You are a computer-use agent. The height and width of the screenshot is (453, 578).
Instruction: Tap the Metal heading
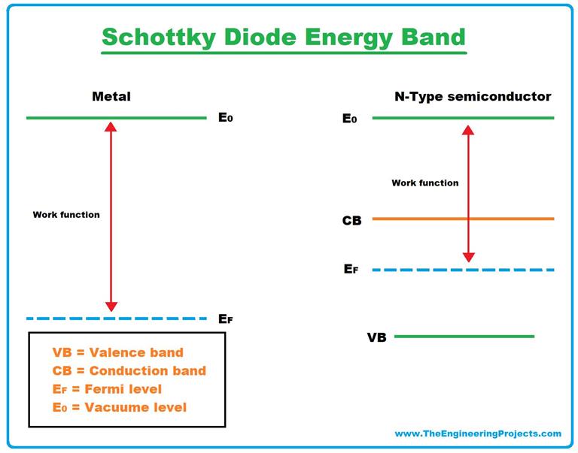(111, 96)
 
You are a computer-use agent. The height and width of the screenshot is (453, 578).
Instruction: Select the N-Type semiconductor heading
(473, 96)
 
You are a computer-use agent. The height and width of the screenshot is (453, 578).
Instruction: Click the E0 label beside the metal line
(225, 118)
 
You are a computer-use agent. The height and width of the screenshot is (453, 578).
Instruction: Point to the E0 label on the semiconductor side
(350, 119)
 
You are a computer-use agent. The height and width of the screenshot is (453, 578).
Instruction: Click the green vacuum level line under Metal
(116, 118)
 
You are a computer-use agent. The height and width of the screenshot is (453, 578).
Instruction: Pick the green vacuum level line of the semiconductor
(463, 118)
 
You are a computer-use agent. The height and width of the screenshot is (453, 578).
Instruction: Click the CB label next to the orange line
(351, 220)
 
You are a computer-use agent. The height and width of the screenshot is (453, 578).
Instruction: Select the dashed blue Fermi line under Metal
(116, 318)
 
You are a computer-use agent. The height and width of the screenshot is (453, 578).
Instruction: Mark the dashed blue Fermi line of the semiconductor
(463, 269)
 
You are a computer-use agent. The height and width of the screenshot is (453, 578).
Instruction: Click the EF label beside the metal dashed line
(225, 319)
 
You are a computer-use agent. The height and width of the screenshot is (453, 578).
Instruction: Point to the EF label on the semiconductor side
(351, 269)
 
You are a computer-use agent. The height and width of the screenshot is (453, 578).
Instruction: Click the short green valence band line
(464, 336)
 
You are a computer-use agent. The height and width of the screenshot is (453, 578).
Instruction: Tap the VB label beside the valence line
(376, 337)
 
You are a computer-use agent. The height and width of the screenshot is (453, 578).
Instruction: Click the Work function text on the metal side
(66, 215)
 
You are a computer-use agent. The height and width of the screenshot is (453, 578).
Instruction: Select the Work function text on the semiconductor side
(424, 183)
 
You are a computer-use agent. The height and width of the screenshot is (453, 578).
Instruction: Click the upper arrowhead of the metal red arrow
(111, 127)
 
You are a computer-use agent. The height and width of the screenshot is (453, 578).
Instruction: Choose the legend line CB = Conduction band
(129, 370)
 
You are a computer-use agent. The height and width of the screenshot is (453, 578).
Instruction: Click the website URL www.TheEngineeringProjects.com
(478, 433)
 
